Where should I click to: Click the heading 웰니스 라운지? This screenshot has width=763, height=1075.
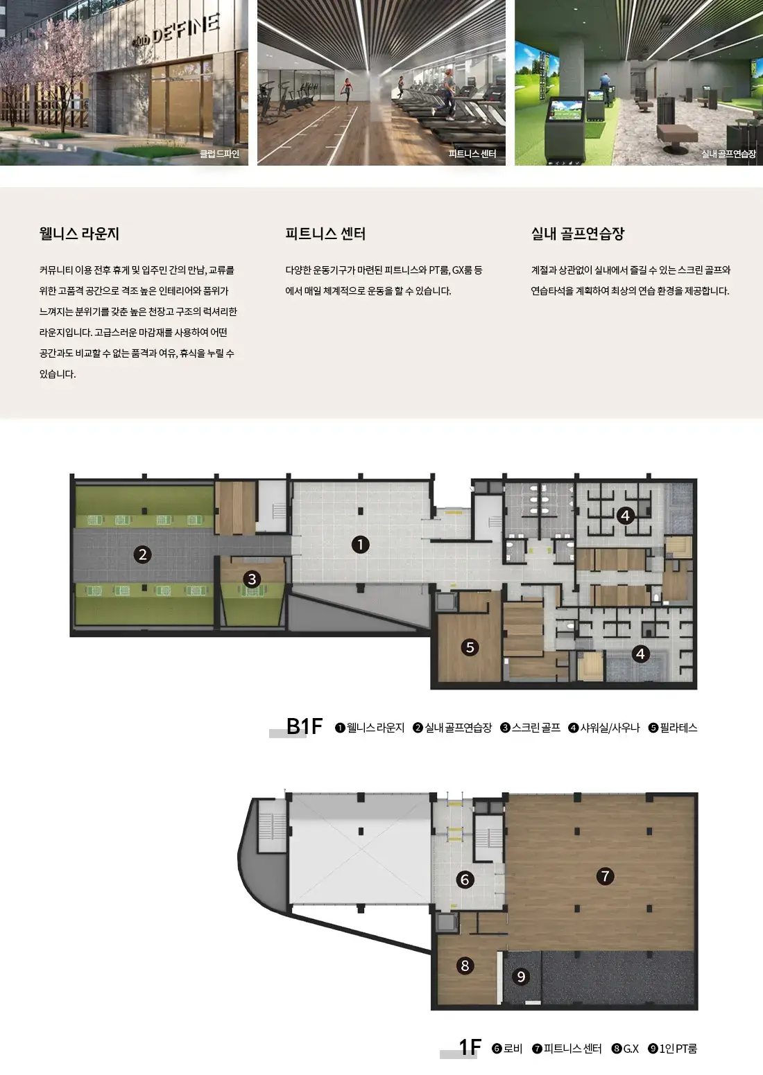79,234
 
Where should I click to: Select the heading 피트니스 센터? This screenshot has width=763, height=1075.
325,234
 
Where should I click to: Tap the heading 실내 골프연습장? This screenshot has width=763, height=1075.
578,234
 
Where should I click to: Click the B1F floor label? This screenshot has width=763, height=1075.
304,726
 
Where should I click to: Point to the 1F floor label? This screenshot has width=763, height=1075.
470,1047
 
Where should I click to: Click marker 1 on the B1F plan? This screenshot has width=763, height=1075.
360,545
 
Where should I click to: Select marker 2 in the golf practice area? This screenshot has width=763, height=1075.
142,554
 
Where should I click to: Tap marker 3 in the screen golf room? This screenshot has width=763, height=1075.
252,579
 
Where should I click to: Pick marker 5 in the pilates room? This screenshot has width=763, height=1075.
470,647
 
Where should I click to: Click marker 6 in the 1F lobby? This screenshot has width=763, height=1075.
465,880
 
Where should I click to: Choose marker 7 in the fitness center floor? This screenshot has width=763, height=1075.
605,876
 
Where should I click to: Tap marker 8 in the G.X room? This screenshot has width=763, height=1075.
465,965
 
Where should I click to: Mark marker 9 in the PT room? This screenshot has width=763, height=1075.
521,977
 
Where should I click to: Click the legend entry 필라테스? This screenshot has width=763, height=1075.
673,728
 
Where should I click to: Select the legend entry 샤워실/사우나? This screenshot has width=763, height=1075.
604,728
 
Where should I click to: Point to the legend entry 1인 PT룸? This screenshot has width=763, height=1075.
673,1049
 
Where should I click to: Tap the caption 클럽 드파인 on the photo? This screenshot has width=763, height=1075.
219,154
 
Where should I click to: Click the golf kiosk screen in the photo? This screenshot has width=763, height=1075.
566,110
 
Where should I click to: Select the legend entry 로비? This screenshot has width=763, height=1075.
508,1049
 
